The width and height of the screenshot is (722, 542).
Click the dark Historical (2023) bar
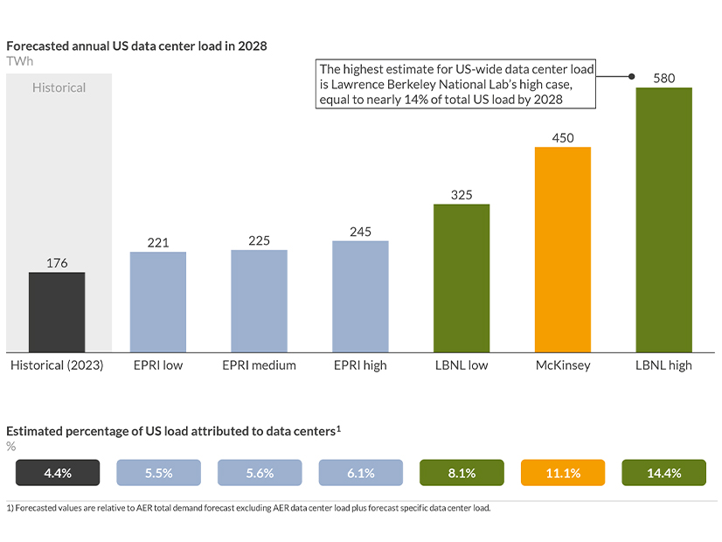click(x=57, y=312)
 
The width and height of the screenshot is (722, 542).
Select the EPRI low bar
click(x=158, y=302)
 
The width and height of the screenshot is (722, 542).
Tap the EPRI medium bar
click(x=259, y=301)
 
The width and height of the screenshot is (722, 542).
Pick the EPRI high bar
click(x=360, y=296)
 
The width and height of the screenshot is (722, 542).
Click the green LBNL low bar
click(x=462, y=278)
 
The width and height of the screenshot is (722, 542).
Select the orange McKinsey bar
click(x=562, y=249)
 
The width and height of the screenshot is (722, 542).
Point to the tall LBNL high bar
click(x=663, y=219)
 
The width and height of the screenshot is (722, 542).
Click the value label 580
click(x=663, y=79)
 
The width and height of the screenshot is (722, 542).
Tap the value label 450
click(x=562, y=137)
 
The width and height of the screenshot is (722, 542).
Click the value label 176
click(x=57, y=263)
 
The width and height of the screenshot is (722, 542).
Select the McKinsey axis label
click(x=562, y=365)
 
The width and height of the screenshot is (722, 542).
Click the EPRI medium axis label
click(x=259, y=365)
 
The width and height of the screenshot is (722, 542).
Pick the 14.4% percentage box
click(x=663, y=473)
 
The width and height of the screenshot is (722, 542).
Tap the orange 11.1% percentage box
click(x=562, y=473)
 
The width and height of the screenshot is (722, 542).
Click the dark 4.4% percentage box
click(x=57, y=473)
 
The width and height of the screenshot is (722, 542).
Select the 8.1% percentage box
click(x=462, y=473)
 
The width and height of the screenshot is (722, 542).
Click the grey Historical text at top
click(x=59, y=87)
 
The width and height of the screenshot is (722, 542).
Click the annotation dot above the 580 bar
click(x=632, y=76)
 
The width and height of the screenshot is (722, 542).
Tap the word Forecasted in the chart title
click(x=37, y=45)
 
